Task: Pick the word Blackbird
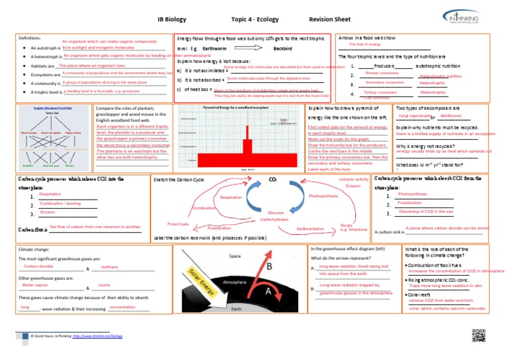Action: [283, 49]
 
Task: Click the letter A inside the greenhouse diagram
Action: [268, 291]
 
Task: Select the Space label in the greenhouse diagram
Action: [235, 256]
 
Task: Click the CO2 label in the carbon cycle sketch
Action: [272, 180]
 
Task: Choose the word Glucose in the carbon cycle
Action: [276, 213]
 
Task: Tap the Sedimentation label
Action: [310, 229]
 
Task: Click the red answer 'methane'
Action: [109, 267]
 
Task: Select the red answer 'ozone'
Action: [104, 285]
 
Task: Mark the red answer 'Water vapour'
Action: [36, 285]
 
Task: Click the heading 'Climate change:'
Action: [31, 249]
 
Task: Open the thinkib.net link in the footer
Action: [97, 336]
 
